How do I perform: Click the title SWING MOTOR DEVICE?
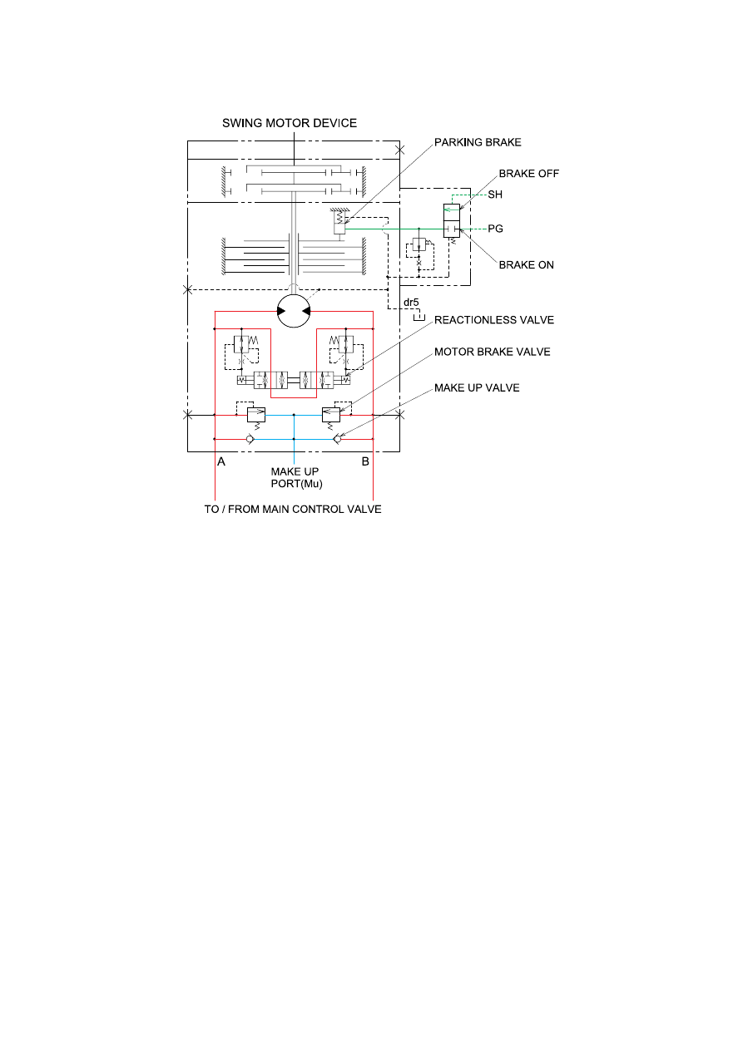click(290, 123)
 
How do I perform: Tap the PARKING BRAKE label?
click(478, 142)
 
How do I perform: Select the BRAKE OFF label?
click(528, 174)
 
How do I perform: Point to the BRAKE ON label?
click(526, 265)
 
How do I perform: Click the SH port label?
click(495, 195)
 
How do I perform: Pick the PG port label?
click(495, 229)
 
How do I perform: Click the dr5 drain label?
click(411, 303)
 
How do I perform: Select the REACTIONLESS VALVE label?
click(494, 320)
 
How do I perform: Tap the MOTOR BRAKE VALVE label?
click(492, 352)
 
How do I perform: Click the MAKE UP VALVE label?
click(477, 388)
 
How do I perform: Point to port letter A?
click(221, 462)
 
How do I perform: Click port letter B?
click(365, 461)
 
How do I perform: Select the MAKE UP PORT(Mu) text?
click(296, 478)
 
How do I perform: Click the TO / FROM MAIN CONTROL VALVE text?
click(293, 510)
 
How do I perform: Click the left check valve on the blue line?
click(250, 439)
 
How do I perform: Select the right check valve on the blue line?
click(337, 439)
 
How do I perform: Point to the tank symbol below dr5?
click(419, 318)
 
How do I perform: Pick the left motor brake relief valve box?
click(256, 415)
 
